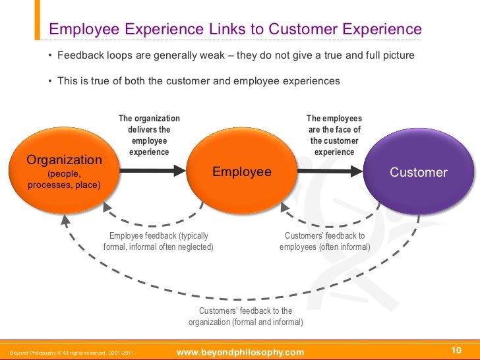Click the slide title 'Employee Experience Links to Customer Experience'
pyautogui.click(x=235, y=29)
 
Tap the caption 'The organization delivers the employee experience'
pyautogui.click(x=149, y=135)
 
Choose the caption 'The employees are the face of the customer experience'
pyautogui.click(x=334, y=135)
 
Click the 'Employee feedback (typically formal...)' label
pyautogui.click(x=159, y=241)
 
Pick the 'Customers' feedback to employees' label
pyautogui.click(x=324, y=241)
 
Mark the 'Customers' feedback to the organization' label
pyautogui.click(x=245, y=316)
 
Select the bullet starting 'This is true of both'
pyautogui.click(x=198, y=81)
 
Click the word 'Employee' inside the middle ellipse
pyautogui.click(x=241, y=172)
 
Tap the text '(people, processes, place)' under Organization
pyautogui.click(x=64, y=179)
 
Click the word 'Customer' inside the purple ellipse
pyautogui.click(x=419, y=173)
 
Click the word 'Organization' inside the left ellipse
pyautogui.click(x=64, y=160)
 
